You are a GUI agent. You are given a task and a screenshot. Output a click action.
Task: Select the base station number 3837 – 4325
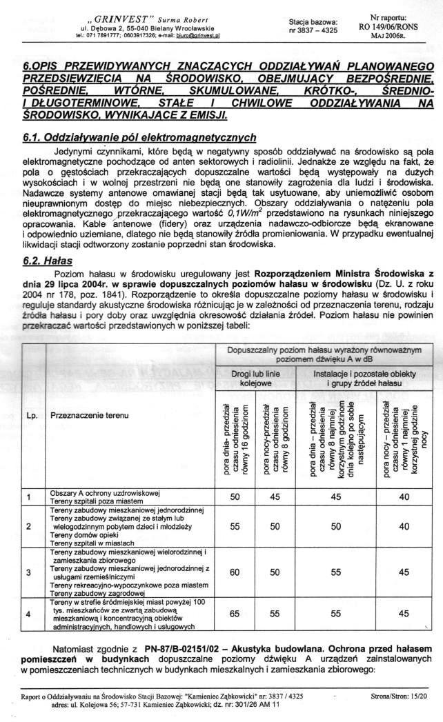313,31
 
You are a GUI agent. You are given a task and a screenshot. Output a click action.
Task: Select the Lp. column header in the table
32,417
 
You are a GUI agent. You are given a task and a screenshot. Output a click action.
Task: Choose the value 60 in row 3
235,572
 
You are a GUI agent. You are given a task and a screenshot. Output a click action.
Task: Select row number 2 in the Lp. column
29,527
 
